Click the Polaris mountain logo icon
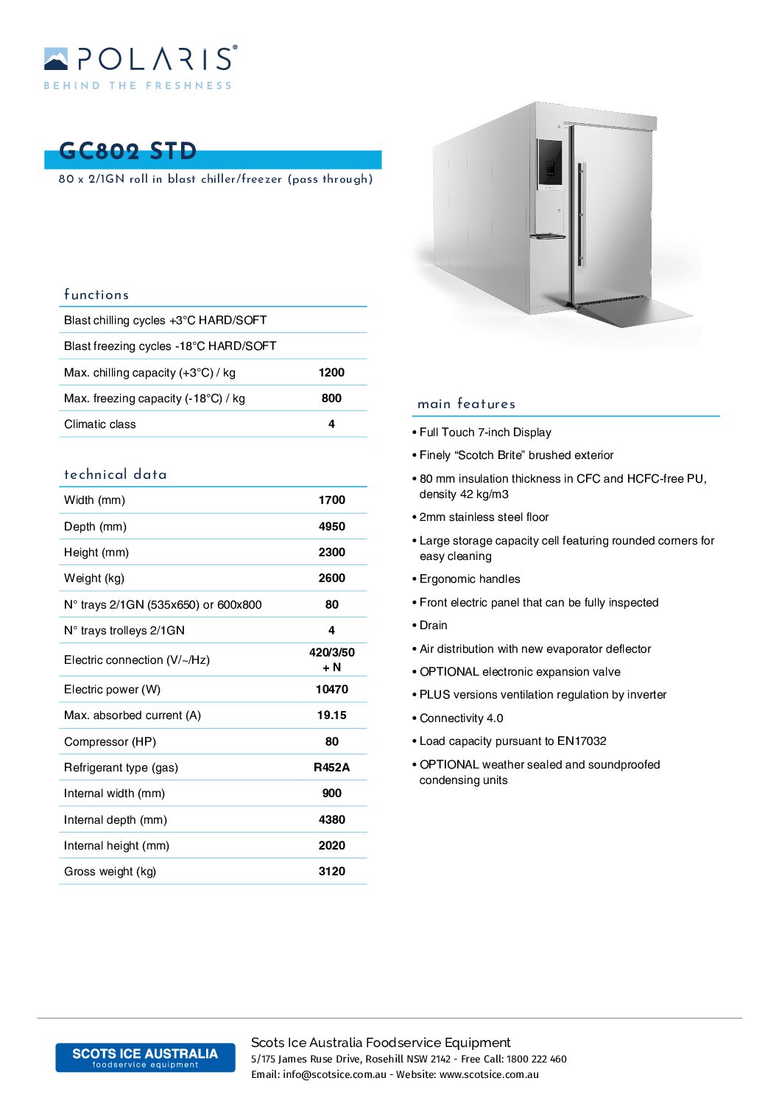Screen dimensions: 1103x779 [56, 59]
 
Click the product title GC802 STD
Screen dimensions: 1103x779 [128, 151]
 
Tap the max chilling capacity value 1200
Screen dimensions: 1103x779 [331, 373]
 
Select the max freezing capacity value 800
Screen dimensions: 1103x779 [331, 399]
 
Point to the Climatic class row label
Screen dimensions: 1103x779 [100, 424]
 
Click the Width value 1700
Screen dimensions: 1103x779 [331, 500]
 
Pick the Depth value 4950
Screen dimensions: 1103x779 [331, 527]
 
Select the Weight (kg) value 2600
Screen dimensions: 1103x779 [331, 578]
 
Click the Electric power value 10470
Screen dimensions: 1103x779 [331, 690]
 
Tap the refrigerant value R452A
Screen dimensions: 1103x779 [331, 768]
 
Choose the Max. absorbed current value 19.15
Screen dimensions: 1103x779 [331, 715]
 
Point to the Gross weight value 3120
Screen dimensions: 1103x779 [331, 872]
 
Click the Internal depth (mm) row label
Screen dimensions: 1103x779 [116, 820]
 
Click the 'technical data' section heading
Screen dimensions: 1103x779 [116, 475]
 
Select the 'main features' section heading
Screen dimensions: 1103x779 [466, 404]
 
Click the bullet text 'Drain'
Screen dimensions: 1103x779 [434, 626]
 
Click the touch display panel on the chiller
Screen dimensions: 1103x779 [549, 162]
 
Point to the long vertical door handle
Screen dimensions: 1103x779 [581, 214]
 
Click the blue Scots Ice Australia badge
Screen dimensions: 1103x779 [145, 1057]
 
